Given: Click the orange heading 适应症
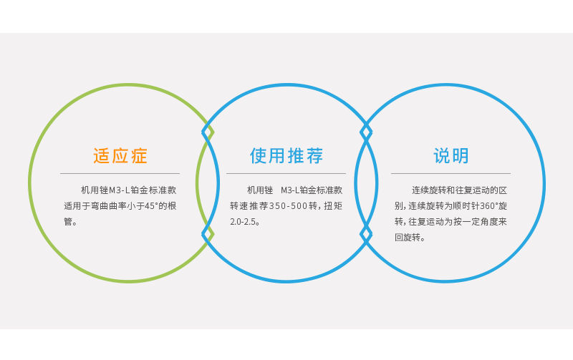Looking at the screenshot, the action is coord(120,156).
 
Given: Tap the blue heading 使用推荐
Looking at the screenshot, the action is coord(286,156).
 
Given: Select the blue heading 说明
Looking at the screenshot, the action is coord(451,156).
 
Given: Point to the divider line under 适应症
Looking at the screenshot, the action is coord(120,173).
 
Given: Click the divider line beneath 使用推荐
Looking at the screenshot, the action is coord(286,173).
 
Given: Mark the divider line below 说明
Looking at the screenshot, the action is coord(451,173).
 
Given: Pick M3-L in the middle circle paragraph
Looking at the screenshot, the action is coord(290,190).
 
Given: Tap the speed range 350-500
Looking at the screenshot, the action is coord(288,206).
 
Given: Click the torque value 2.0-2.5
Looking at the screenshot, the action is coord(243,222).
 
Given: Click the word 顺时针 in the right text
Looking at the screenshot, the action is coord(466,206).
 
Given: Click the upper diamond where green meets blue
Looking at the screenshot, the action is coord(208,132).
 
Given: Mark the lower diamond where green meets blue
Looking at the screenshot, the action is coord(208,233).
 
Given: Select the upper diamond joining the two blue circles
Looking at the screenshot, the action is coord(366,132).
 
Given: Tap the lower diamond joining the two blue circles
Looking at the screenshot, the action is coord(366,233).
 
